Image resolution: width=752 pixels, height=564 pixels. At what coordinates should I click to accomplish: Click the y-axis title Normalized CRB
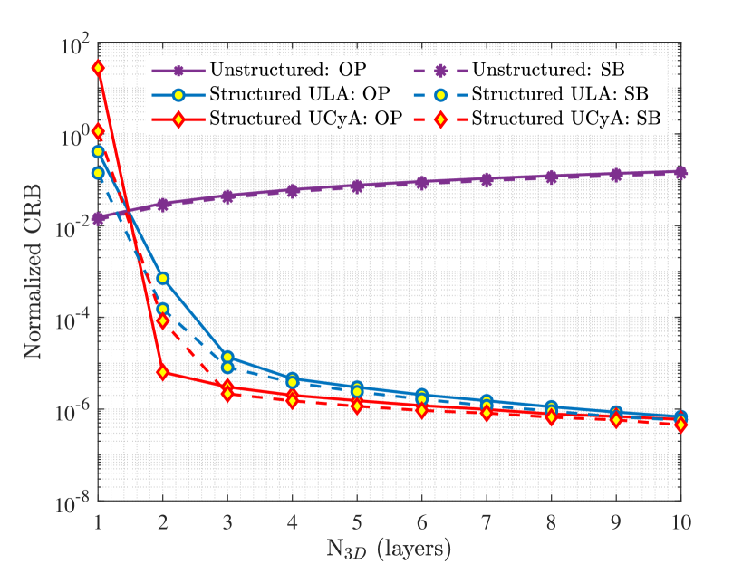click(34, 271)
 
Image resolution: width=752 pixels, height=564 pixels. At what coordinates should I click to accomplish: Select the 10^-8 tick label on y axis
click(72, 501)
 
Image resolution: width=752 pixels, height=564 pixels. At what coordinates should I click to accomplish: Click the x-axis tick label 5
click(357, 521)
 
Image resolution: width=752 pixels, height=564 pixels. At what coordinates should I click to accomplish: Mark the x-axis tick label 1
click(98, 521)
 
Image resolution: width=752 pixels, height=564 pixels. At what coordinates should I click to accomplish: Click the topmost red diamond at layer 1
click(98, 68)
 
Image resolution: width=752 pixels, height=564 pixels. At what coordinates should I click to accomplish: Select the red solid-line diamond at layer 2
click(163, 372)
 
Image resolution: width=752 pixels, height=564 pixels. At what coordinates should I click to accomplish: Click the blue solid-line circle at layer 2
click(163, 278)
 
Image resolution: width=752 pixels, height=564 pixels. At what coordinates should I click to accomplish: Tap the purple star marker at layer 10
click(680, 172)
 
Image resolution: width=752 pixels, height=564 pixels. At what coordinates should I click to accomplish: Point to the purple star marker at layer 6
click(421, 182)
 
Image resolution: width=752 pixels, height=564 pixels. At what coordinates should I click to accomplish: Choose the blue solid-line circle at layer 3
click(227, 358)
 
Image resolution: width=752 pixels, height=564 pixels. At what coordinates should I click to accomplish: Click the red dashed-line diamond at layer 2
click(163, 320)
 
